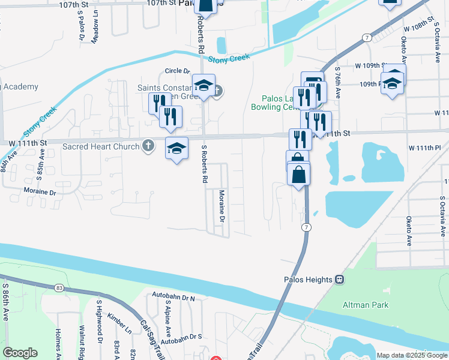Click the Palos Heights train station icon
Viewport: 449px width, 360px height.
[339, 279]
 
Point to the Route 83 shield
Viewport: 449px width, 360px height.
[58, 288]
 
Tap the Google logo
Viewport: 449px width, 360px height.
[20, 353]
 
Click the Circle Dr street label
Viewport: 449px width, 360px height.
[177, 71]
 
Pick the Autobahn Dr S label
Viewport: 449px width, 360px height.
[181, 340]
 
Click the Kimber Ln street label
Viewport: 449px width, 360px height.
[119, 322]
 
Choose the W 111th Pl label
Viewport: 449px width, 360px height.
[424, 148]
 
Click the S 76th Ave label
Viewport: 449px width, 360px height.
[338, 82]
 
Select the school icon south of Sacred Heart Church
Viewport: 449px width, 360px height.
[176, 150]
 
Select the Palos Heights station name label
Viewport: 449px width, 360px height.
[309, 279]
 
